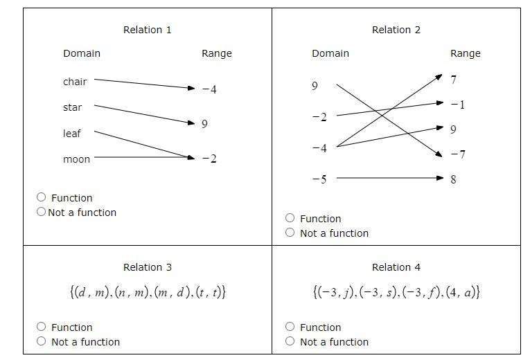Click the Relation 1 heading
click(x=147, y=30)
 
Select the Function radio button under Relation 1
click(x=42, y=197)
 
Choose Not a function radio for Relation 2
click(x=290, y=233)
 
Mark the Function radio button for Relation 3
click(x=42, y=327)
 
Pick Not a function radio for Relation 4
click(x=290, y=341)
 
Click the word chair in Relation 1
click(x=75, y=82)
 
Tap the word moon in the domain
click(x=76, y=159)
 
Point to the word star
click(x=72, y=107)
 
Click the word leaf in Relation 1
click(x=72, y=134)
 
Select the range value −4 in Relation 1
click(x=209, y=89)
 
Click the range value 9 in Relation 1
click(x=204, y=124)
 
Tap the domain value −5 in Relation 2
click(x=319, y=179)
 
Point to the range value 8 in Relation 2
click(x=454, y=179)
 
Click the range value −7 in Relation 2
click(x=457, y=154)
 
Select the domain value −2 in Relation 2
click(x=319, y=117)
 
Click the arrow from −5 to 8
click(x=388, y=179)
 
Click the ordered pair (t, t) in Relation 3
click(x=211, y=292)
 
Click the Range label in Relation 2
click(x=465, y=53)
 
